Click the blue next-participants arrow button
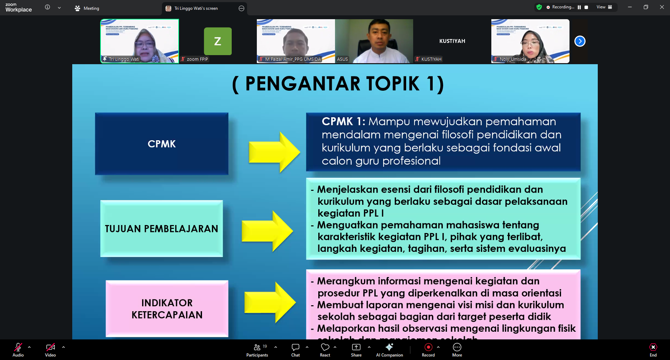coord(580,41)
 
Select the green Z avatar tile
coord(218,41)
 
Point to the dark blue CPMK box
coord(162,144)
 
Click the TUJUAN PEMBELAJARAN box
coord(162,228)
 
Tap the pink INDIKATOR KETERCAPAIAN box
coord(167,308)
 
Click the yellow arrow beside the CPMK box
coord(274,152)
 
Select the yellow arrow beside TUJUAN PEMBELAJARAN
coord(267,231)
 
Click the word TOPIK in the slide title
coord(393,84)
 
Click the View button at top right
coord(604,7)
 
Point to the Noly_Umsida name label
coord(513,59)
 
